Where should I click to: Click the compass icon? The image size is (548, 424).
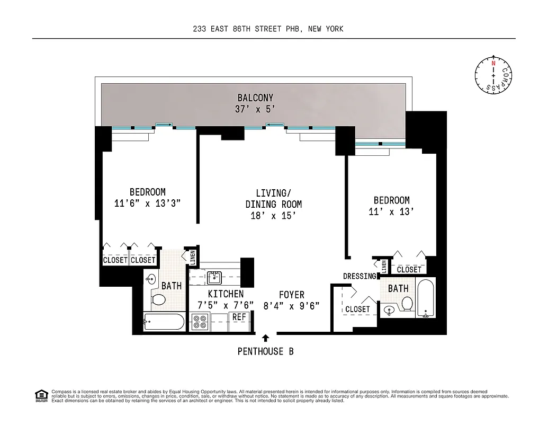pyautogui.click(x=493, y=75)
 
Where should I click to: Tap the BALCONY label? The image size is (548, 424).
pyautogui.click(x=255, y=98)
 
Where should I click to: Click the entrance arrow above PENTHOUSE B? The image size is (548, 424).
pyautogui.click(x=265, y=338)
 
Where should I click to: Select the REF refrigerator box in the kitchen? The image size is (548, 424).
pyautogui.click(x=239, y=317)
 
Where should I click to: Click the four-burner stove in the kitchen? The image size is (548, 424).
pyautogui.click(x=200, y=322)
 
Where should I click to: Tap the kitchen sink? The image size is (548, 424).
pyautogui.click(x=214, y=277)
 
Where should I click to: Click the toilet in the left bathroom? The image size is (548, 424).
pyautogui.click(x=158, y=300)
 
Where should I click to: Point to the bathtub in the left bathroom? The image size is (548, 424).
pyautogui.click(x=164, y=322)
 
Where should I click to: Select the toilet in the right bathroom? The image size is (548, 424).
pyautogui.click(x=407, y=304)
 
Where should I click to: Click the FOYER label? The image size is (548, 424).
pyautogui.click(x=292, y=295)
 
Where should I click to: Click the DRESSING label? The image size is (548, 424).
pyautogui.click(x=360, y=276)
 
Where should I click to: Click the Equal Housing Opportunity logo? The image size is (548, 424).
pyautogui.click(x=41, y=395)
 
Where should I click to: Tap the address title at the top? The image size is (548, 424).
pyautogui.click(x=268, y=29)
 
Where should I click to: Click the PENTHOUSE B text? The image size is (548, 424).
pyautogui.click(x=265, y=351)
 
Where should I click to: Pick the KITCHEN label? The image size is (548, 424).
pyautogui.click(x=226, y=294)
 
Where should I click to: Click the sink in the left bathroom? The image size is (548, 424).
pyautogui.click(x=151, y=279)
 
